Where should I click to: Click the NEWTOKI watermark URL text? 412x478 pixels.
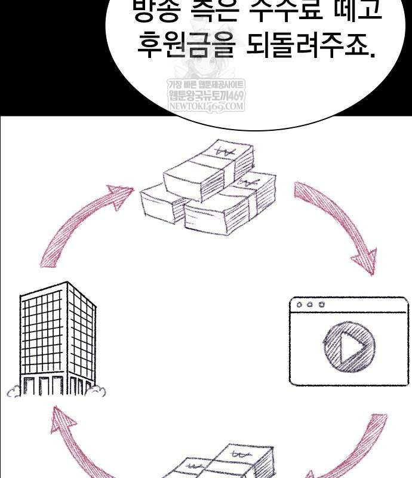tap(206, 107)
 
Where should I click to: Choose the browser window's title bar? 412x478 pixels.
tap(349, 305)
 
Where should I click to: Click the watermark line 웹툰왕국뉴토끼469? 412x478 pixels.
tap(206, 96)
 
